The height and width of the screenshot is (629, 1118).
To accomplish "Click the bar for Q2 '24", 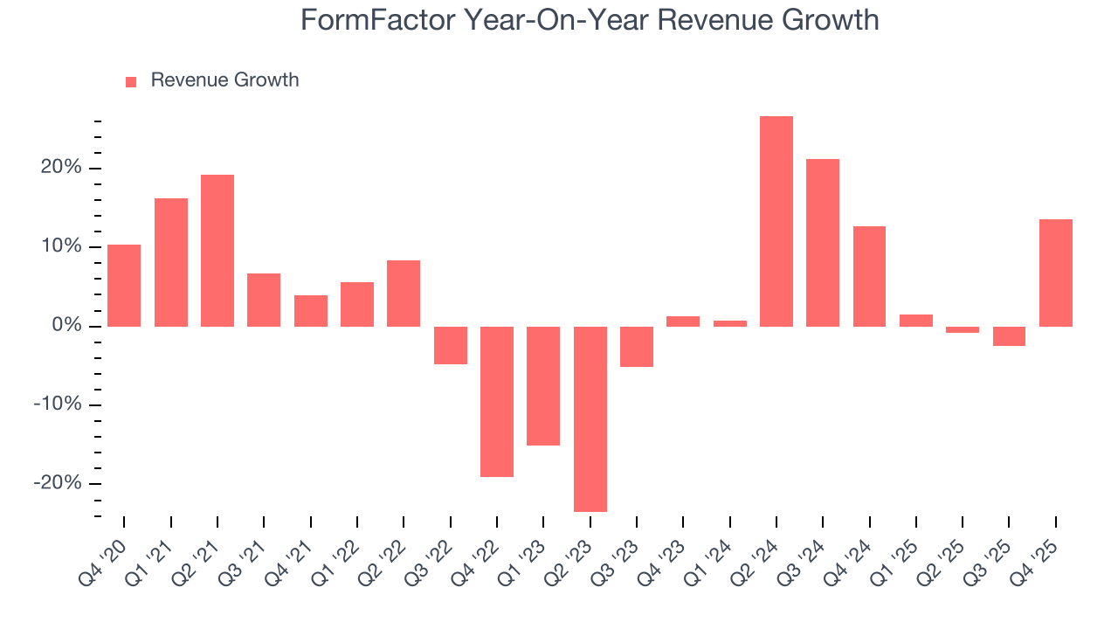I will coord(776,221).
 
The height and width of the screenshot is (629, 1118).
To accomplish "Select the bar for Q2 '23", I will coord(590,418).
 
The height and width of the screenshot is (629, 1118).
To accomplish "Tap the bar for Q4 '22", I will coord(497,401).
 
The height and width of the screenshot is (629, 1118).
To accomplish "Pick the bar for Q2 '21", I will coord(217,250).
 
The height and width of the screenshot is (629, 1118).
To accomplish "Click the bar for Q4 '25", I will coord(1056,273).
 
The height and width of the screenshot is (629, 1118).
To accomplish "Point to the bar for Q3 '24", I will coord(823,242).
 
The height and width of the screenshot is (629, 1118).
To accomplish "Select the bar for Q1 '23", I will coord(543,385).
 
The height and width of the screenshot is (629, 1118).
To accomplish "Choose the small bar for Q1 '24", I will coord(730,323).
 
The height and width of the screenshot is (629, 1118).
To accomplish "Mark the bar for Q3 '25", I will coord(1009,336).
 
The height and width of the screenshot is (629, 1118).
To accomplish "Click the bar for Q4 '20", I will coord(124,285).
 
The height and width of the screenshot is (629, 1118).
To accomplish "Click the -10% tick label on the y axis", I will coord(58,404).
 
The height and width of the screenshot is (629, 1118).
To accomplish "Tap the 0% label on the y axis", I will coord(66,326).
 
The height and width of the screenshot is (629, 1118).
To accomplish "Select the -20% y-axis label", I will coord(58,483).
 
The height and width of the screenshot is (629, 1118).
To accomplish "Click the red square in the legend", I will coord(131,81).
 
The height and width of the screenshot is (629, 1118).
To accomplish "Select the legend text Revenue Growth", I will coord(224,80).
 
